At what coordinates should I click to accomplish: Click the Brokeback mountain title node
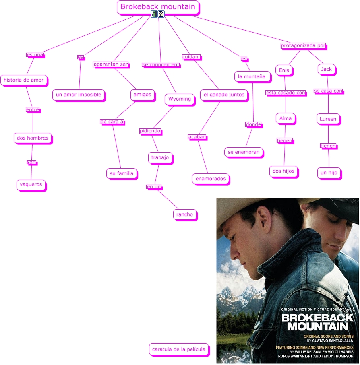coord(158,7)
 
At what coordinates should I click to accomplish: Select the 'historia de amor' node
coord(24,80)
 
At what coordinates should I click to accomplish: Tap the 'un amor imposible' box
coord(79,95)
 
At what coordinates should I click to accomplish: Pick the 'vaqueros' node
coord(30,184)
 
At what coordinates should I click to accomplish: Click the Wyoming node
coord(180,99)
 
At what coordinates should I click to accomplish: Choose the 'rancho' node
coord(185,214)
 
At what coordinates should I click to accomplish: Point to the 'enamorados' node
coord(211,178)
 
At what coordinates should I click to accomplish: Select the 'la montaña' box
coord(251,76)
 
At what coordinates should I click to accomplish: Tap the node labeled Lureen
coord(328,119)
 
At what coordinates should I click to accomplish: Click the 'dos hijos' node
coord(283,171)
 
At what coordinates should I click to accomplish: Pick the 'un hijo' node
coord(329,173)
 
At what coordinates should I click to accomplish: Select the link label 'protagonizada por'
coord(303,46)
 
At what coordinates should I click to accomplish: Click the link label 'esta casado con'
coord(286,93)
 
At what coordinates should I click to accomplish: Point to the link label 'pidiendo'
coord(150,131)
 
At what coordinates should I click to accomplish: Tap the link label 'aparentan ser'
coord(111,64)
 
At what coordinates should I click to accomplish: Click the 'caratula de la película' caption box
coord(179,349)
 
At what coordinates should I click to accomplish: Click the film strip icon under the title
coord(154,14)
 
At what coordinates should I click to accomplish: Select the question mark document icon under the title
coord(161,14)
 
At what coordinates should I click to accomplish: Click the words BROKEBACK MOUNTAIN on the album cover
coord(317,322)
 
